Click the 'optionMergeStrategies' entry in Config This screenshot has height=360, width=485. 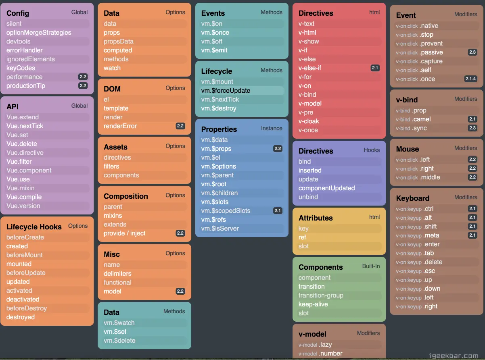pos(39,33)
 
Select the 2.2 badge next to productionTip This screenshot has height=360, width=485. pos(83,86)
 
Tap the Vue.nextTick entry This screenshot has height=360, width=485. pos(25,126)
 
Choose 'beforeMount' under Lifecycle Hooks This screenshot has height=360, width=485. pos(25,255)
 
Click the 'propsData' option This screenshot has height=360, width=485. pos(119,42)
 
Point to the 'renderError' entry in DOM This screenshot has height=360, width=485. pos(120,126)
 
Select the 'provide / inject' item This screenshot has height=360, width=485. pos(125,233)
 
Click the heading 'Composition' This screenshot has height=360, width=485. pos(126,196)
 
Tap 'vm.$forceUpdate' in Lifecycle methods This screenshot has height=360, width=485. pos(226,91)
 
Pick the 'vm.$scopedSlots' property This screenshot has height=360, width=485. pos(226,211)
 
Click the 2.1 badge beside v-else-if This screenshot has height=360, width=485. pos(375,68)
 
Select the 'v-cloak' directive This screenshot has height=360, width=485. pos(309,121)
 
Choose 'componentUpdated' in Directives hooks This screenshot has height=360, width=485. pos(327,188)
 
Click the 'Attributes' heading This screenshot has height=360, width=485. pos(316,218)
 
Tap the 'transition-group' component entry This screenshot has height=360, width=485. pos(321,295)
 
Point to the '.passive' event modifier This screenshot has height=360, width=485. pos(431,52)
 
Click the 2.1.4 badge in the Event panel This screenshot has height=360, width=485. pos(470,79)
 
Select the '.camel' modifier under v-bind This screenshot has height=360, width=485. pos(421,119)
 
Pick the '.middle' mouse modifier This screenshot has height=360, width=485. pos(430,177)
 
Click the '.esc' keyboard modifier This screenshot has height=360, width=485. pos(429,271)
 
